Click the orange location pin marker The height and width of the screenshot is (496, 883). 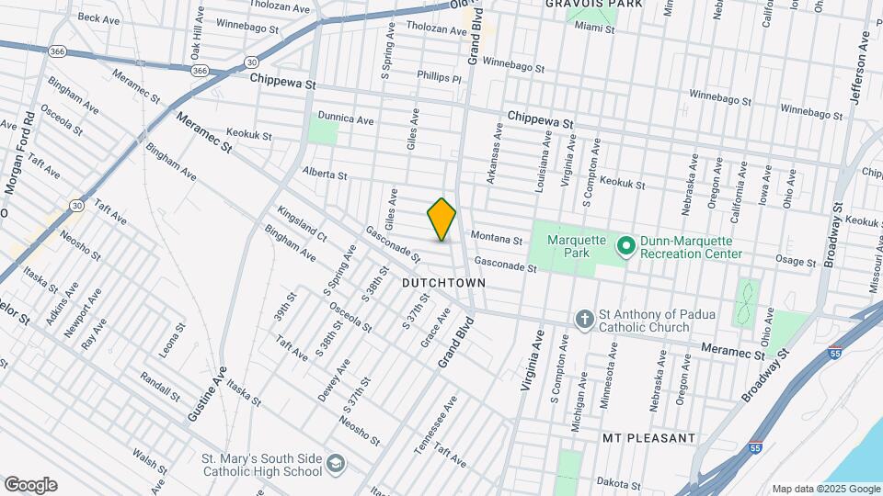coord(441,219)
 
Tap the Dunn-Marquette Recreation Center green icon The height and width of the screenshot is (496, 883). coord(626,246)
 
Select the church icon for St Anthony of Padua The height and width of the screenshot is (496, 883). coord(583,320)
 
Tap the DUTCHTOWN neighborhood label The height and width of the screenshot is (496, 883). coord(438,285)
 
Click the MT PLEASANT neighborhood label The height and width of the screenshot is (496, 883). coord(648,438)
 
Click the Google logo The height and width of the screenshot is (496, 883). coord(30,484)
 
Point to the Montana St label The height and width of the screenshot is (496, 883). coord(497,239)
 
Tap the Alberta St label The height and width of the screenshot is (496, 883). coord(324,175)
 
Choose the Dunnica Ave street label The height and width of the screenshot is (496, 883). coord(346,119)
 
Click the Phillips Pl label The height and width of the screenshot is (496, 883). coord(439,78)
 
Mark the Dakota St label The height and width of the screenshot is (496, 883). coord(617,483)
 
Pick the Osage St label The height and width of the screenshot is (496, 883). coord(797,262)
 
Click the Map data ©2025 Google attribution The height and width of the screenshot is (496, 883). coord(823,489)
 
